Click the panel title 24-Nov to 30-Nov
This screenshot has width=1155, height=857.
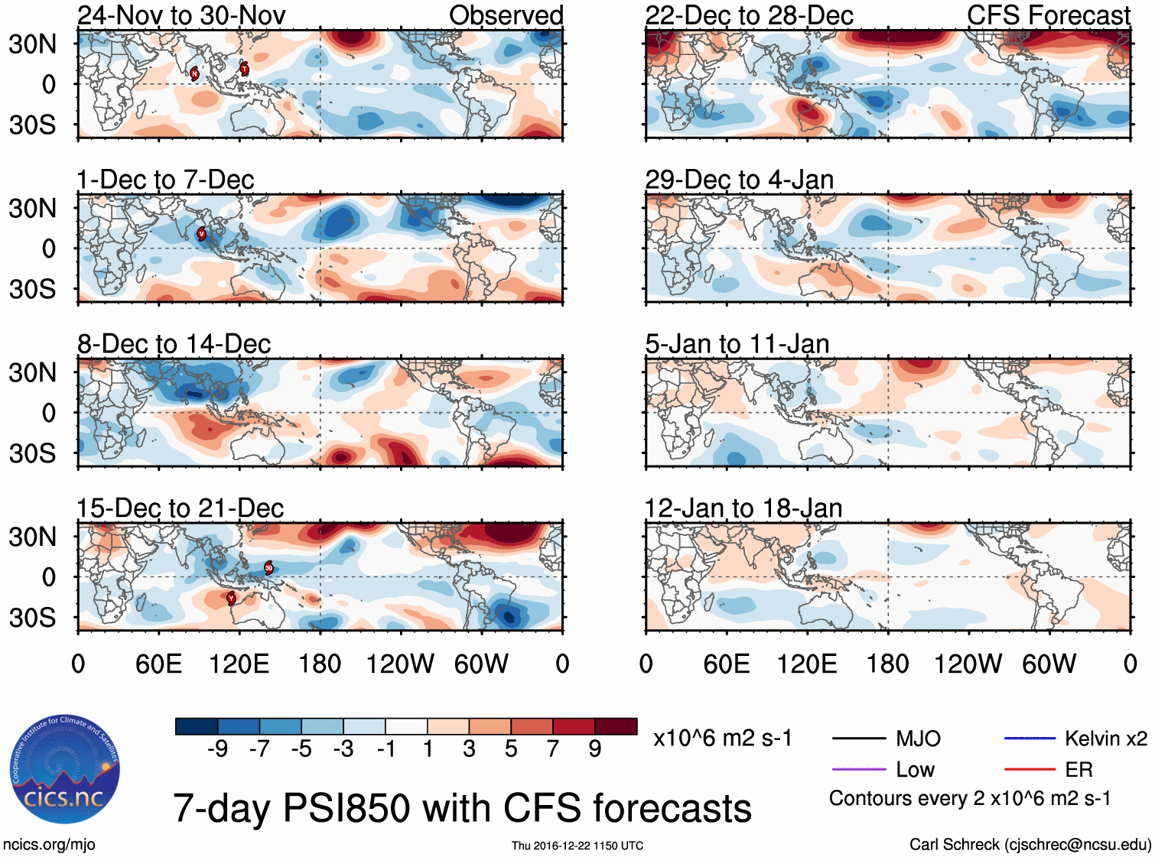coord(181,15)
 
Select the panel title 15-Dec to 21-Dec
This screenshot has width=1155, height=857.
coord(181,508)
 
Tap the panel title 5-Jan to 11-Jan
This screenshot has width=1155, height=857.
coord(737,344)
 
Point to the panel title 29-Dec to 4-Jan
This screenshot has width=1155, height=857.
coord(739,180)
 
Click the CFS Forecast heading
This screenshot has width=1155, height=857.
coord(1048,15)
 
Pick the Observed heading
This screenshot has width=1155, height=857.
coord(506,15)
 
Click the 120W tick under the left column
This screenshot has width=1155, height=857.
coord(400,664)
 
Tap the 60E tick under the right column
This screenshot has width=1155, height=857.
coord(726,664)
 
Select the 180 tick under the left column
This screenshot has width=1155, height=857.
coord(320,664)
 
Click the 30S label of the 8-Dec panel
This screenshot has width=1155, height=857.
coord(32,453)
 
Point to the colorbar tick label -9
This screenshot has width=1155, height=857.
coord(217,749)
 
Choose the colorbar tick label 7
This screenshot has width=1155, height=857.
coord(553,749)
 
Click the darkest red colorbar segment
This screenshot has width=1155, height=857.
coord(616,726)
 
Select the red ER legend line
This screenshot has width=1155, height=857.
coord(1030,769)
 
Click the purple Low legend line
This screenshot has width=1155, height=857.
coord(858,769)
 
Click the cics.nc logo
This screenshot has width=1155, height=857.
coord(65,770)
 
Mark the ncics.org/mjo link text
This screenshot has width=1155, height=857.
coord(49,845)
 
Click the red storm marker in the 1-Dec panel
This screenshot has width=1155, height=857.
coord(202,234)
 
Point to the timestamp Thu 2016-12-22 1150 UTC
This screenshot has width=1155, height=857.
coord(577,846)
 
